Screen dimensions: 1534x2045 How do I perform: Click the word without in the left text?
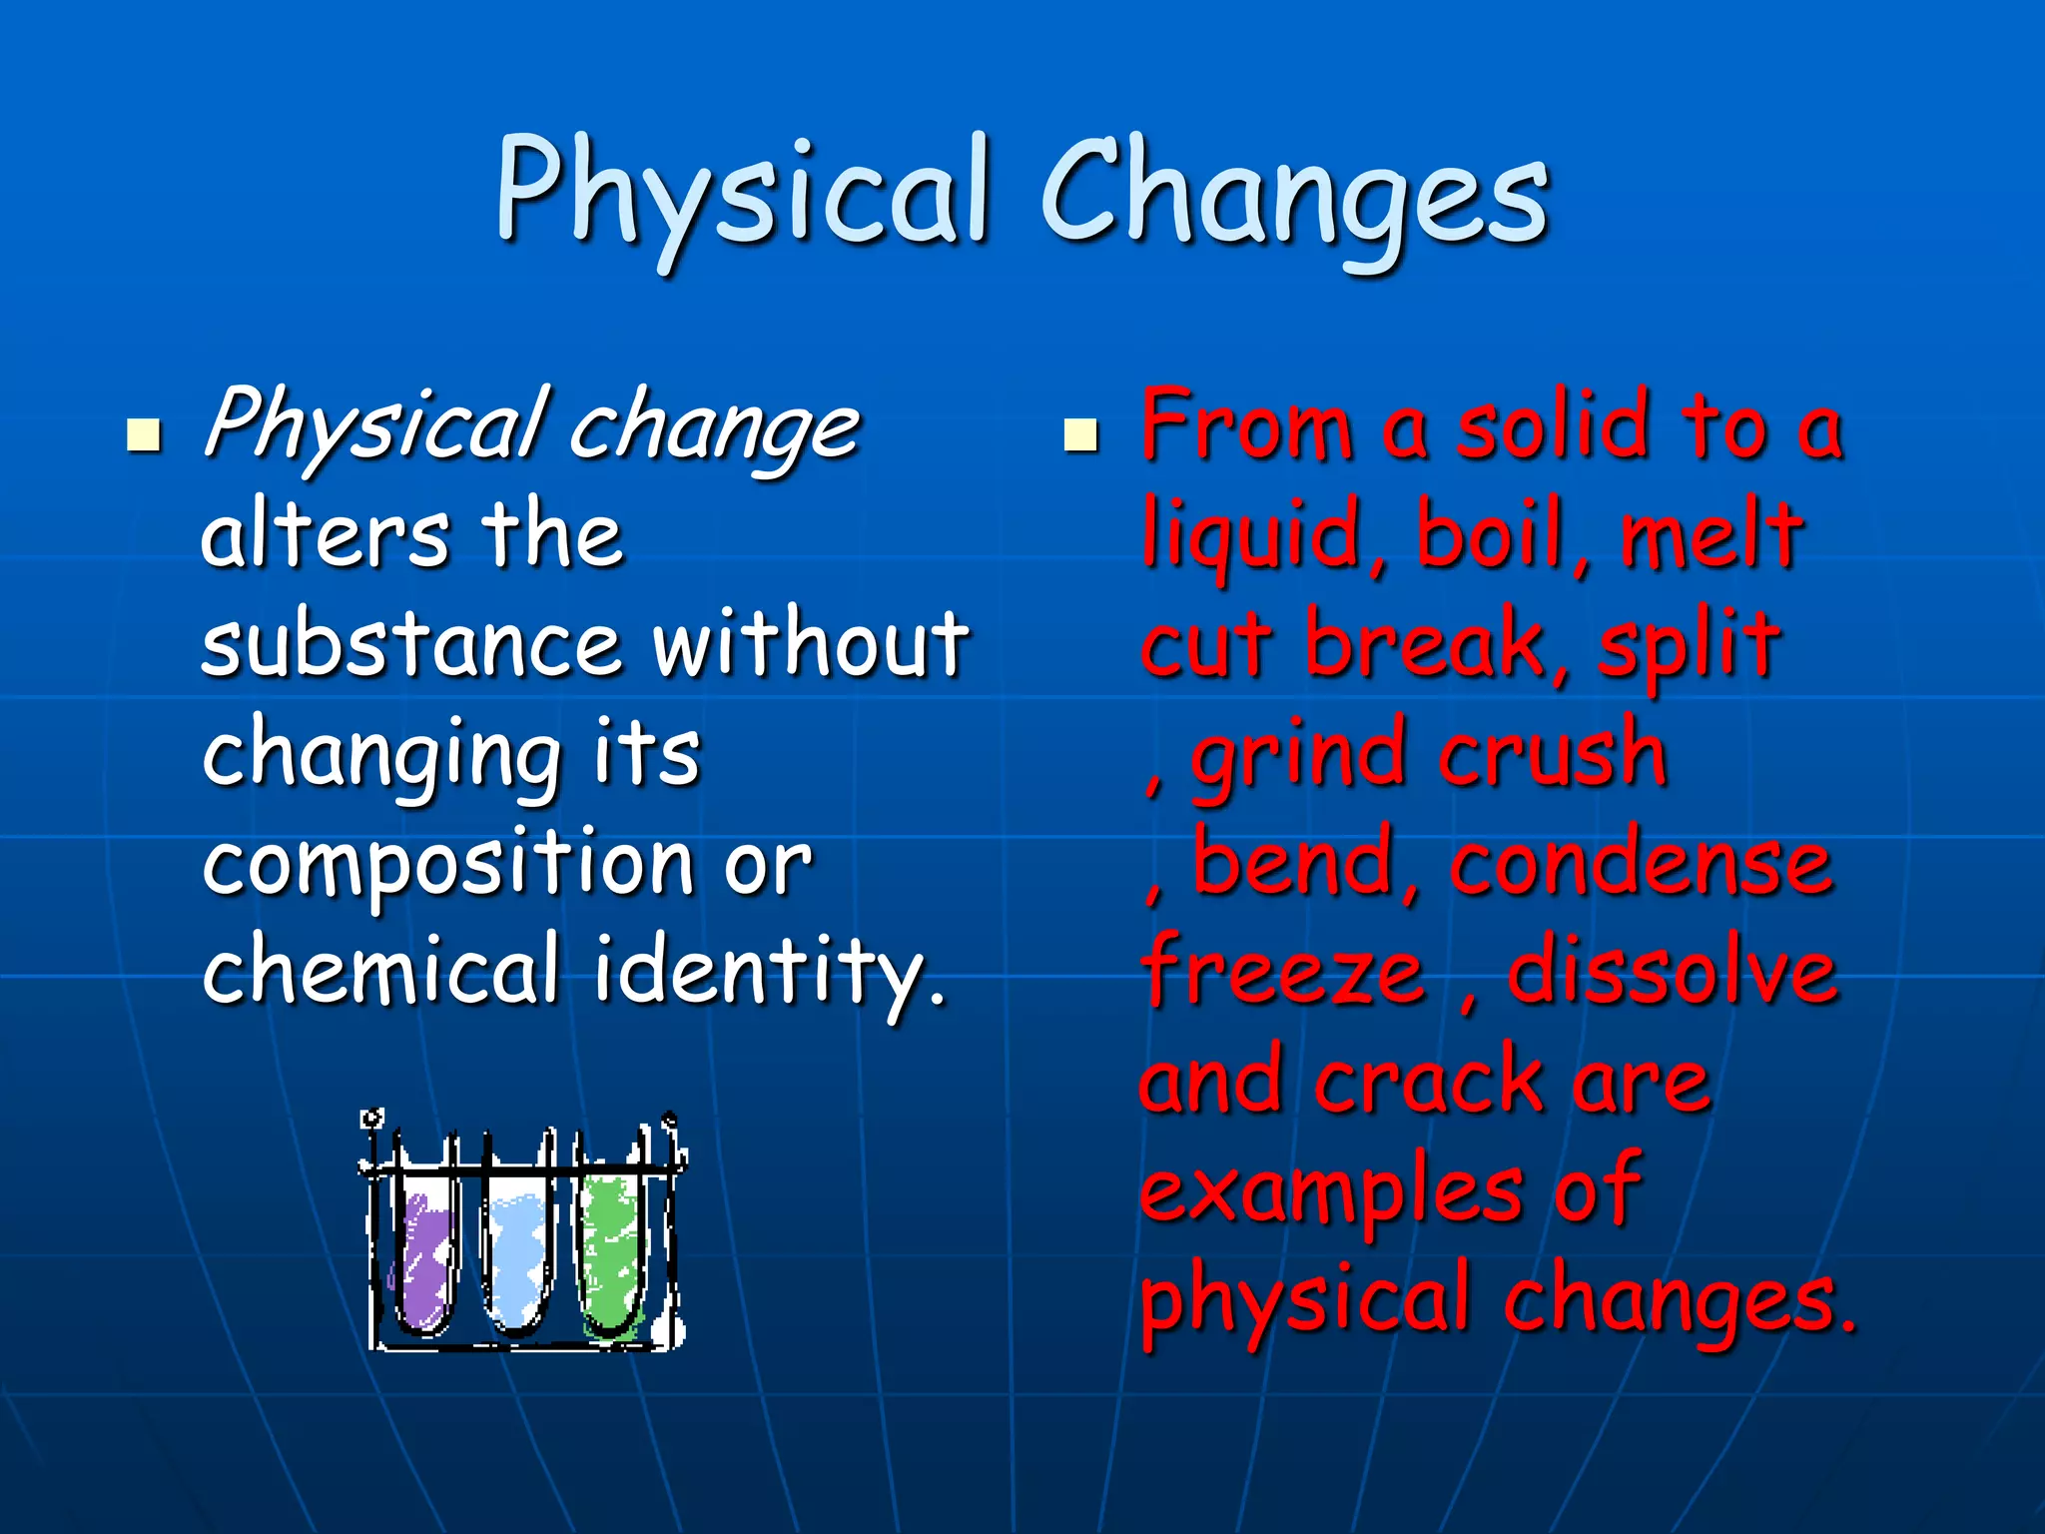pyautogui.click(x=811, y=644)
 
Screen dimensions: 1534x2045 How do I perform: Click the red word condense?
pyautogui.click(x=1642, y=865)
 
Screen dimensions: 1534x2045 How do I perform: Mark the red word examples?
pyautogui.click(x=1330, y=1192)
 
